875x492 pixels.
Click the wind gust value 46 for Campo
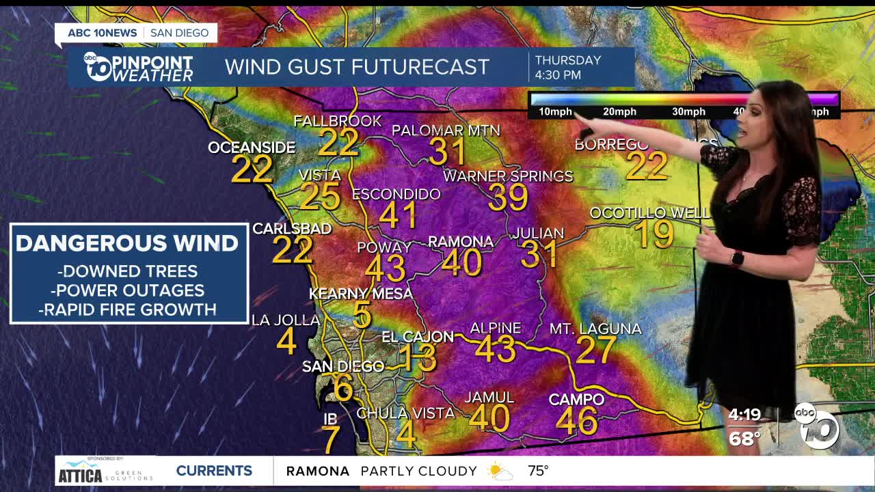click(577, 422)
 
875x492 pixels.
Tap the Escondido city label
click(396, 195)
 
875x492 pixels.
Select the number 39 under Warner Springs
click(508, 198)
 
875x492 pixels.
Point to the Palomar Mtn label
click(446, 131)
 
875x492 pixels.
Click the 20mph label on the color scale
click(619, 112)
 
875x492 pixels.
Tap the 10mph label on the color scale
click(555, 112)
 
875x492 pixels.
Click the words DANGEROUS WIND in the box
click(127, 243)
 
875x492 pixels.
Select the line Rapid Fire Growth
click(128, 310)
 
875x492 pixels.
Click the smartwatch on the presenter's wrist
click(737, 258)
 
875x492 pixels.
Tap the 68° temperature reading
click(744, 438)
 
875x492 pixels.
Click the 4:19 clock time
click(744, 415)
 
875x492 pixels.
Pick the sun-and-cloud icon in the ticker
click(499, 471)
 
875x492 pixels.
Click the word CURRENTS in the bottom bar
click(214, 471)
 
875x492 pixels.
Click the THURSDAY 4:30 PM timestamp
click(567, 67)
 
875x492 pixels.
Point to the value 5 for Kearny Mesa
click(362, 316)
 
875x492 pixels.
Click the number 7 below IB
click(331, 440)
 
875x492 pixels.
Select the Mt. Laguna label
click(595, 329)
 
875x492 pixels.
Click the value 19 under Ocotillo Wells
click(654, 234)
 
